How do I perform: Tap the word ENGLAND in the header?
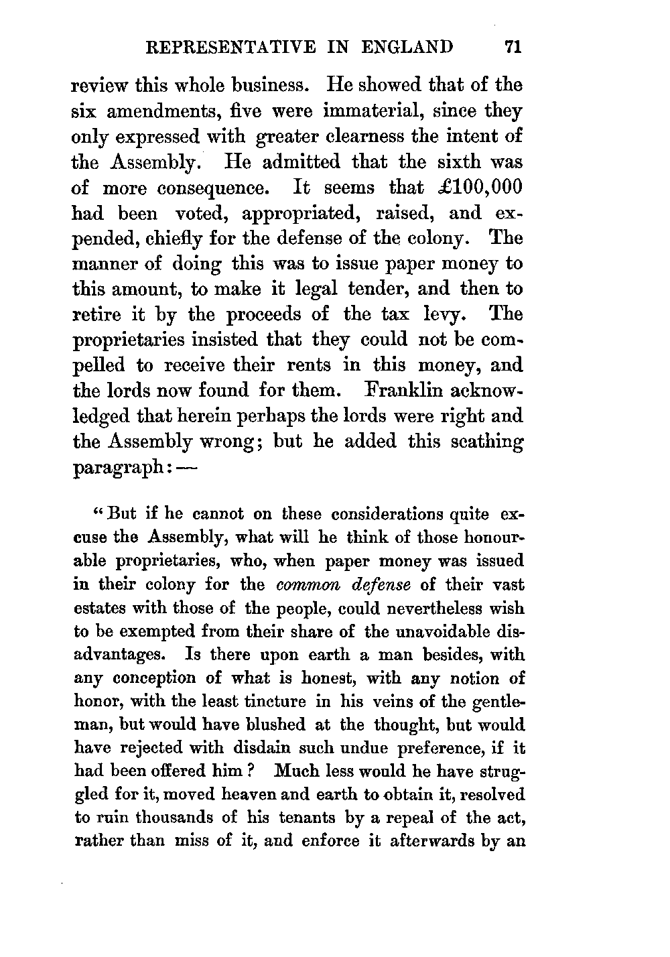407,47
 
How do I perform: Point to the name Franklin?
413,390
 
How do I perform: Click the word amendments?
182,111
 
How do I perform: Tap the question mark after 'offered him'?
248,771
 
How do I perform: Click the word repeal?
417,818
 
